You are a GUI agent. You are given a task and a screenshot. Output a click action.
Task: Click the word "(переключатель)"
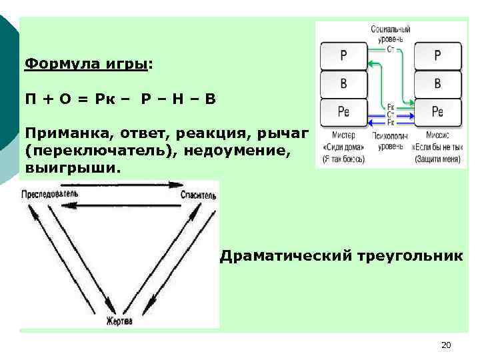click(x=101, y=151)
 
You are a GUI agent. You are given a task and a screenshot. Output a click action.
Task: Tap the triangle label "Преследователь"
click(x=49, y=194)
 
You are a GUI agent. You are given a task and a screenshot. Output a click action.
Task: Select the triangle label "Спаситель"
click(x=198, y=195)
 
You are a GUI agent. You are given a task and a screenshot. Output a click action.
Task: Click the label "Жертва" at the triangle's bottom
click(x=119, y=321)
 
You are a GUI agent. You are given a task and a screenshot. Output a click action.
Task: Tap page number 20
click(x=446, y=345)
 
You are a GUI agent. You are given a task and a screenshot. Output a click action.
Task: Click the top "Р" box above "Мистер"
click(x=343, y=56)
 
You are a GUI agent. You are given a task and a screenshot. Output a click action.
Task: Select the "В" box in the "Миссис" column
click(x=437, y=84)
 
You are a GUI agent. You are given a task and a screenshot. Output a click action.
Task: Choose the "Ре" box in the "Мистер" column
click(x=343, y=112)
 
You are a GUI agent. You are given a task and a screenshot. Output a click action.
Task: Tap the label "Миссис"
click(x=437, y=135)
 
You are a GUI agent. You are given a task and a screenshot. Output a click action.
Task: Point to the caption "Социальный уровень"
click(x=391, y=35)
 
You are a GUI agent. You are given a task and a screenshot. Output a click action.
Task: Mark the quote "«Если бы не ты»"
click(x=437, y=147)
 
